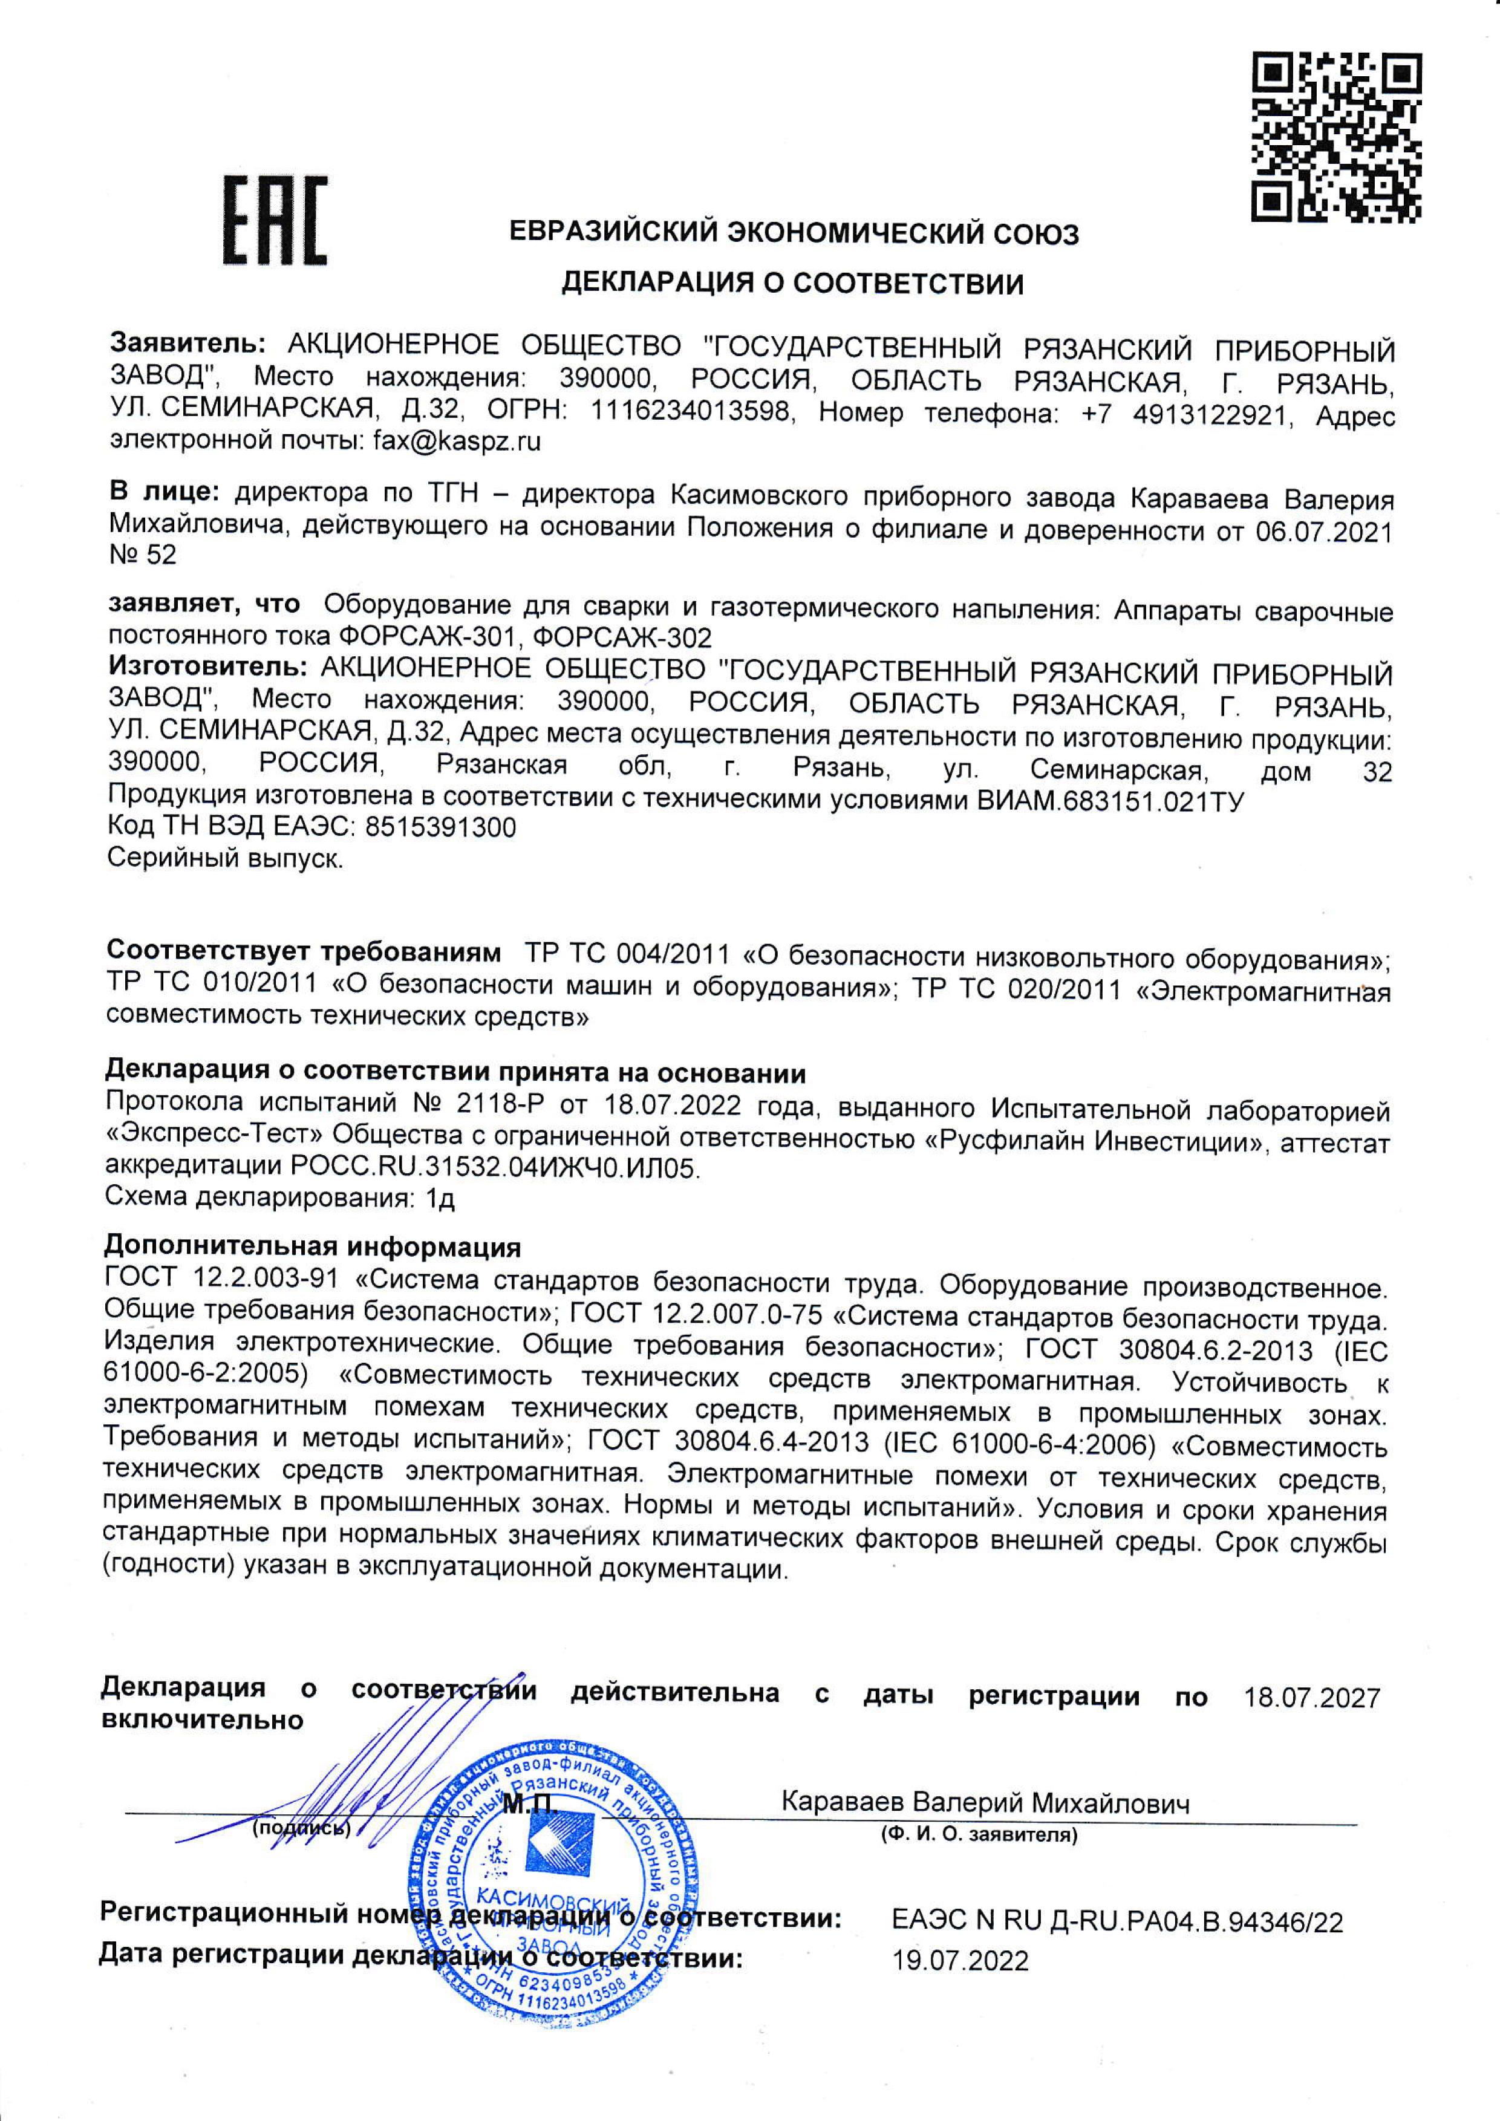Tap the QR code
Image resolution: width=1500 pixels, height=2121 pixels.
coord(1335,138)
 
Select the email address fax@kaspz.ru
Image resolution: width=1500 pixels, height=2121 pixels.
coord(456,441)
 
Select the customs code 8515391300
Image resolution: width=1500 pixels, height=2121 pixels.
coord(442,828)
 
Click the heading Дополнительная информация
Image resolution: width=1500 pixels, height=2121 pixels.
coord(314,1247)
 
